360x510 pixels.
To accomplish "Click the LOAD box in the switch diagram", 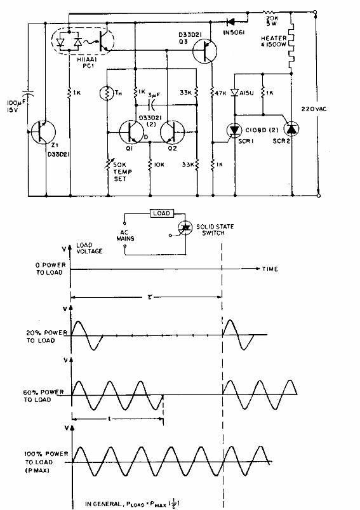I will [x=161, y=213].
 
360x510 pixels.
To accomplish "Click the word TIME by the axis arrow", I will [x=270, y=269].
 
